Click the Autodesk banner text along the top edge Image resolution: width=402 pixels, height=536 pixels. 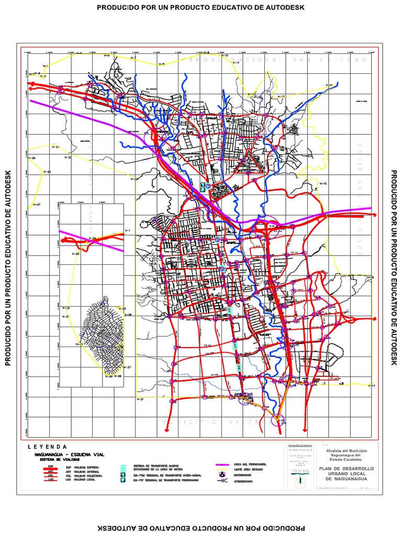[200, 7]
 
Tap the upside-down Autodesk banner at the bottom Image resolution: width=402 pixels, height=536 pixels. [200, 528]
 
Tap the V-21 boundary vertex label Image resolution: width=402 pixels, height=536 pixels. [140, 399]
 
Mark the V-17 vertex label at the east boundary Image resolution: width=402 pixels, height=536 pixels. [372, 386]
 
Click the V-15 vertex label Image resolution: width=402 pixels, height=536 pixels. [322, 184]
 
